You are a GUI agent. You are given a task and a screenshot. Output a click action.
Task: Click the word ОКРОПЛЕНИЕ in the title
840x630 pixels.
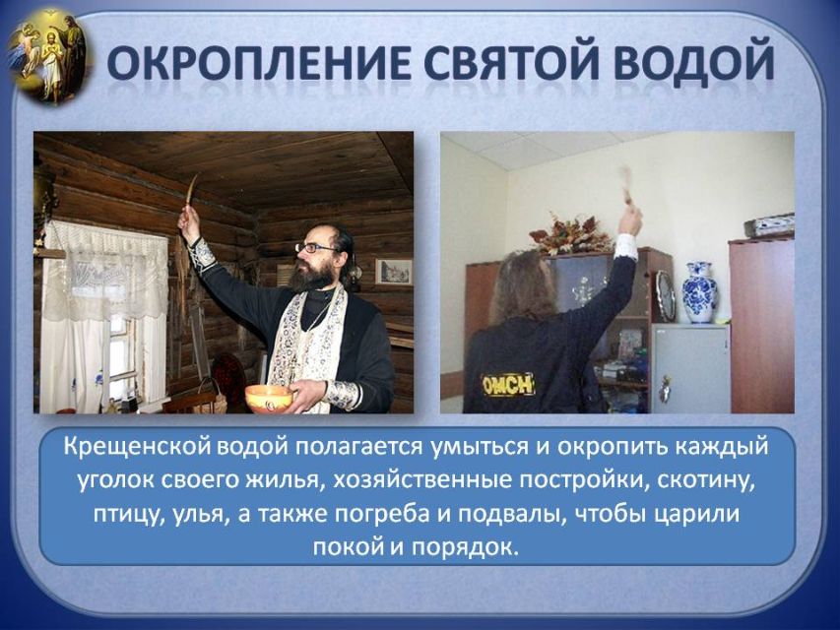click(260, 64)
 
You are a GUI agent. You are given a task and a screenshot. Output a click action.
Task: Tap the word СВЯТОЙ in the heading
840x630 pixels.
click(512, 64)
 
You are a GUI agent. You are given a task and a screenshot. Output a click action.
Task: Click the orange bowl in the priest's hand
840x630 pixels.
click(269, 399)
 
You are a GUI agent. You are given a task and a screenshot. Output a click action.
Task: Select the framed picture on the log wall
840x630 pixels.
click(394, 271)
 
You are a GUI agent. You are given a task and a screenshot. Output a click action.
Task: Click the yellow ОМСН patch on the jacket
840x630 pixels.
click(508, 385)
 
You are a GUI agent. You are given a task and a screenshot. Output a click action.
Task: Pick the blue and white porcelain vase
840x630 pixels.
click(699, 292)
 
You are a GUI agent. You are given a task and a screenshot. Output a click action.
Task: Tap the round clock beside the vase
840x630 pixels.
click(666, 295)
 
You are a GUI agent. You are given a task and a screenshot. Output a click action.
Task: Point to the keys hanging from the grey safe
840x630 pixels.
click(665, 388)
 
